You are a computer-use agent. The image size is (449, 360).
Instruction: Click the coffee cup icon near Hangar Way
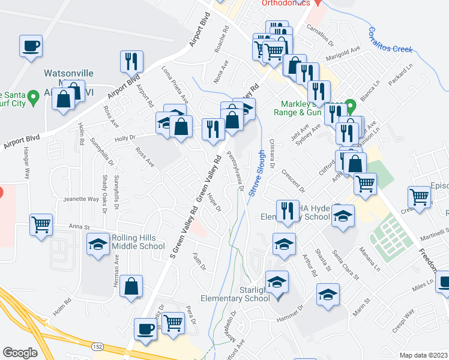point(31,46)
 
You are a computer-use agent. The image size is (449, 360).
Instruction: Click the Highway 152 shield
point(97,347)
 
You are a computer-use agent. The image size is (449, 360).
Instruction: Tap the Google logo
point(20,352)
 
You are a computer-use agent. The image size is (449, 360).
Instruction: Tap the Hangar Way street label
point(26,167)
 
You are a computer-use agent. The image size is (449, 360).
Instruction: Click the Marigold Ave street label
point(343,54)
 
